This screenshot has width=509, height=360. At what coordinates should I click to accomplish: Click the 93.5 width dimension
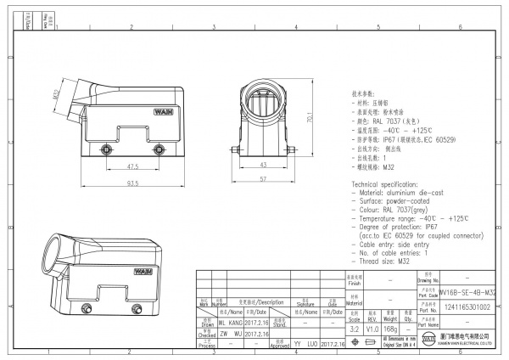click(x=132, y=183)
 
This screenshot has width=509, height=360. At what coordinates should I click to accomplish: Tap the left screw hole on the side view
click(x=106, y=149)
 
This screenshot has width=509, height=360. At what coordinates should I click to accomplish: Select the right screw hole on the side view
click(x=159, y=149)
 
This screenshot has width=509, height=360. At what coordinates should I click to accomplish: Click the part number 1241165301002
click(x=466, y=307)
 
